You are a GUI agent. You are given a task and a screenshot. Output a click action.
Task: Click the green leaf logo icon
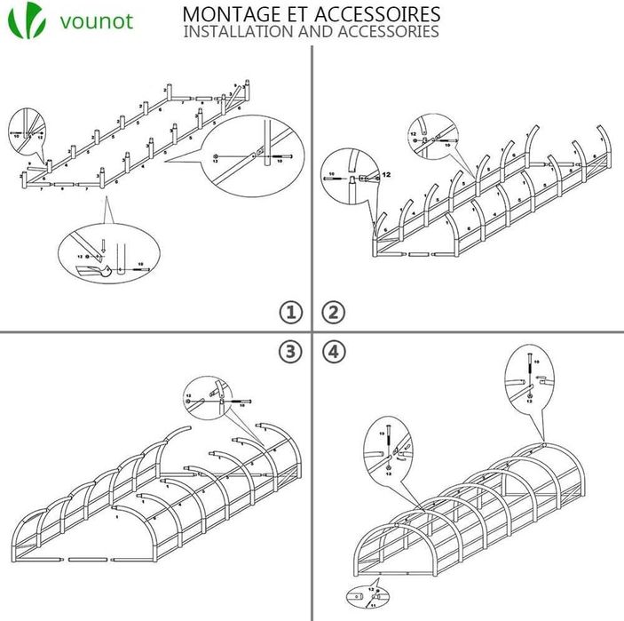click(x=28, y=20)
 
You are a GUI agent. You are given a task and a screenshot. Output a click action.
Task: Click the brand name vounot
click(x=97, y=20)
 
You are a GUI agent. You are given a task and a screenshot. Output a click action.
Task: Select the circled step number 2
click(x=333, y=312)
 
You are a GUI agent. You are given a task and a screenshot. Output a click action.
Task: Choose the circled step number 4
click(x=333, y=352)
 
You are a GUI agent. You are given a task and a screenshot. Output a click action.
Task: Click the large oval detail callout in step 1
click(x=252, y=160)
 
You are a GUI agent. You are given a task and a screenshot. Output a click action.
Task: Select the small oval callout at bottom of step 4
click(x=367, y=596)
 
